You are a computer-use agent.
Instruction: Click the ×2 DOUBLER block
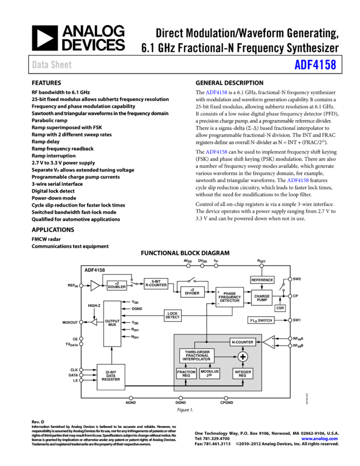click(117, 286)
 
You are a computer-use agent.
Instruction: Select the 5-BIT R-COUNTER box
click(156, 283)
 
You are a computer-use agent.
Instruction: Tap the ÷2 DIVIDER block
click(192, 292)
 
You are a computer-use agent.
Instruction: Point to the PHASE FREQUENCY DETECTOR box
click(230, 297)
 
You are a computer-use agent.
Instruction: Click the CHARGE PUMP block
click(262, 297)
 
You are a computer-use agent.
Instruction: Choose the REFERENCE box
click(262, 280)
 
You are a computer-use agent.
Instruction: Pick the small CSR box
click(280, 308)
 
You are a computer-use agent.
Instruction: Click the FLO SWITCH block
click(261, 320)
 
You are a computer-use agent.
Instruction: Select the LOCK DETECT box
click(173, 316)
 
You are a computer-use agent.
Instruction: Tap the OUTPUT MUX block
click(112, 323)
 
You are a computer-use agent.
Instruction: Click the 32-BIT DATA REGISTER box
click(111, 377)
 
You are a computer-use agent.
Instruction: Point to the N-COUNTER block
click(242, 342)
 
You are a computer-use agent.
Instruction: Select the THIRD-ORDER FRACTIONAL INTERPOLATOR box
click(197, 356)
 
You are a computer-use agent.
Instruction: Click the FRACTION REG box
click(186, 373)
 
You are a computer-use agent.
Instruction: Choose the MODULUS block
click(209, 373)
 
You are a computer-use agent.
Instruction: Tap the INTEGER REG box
click(243, 373)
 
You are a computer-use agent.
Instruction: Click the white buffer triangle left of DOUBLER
click(95, 286)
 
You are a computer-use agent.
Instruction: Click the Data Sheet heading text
click(52, 65)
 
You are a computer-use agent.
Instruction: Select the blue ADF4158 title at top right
click(315, 65)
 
